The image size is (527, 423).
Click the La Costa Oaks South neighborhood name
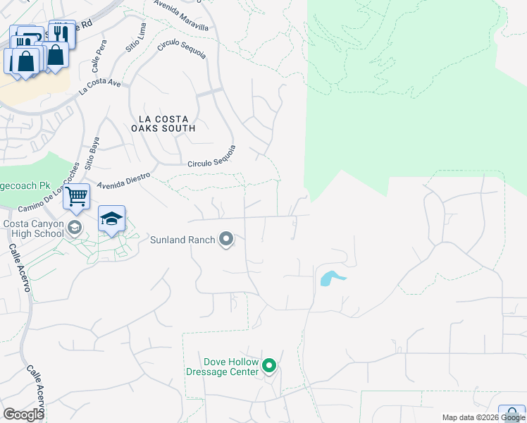(x=163, y=123)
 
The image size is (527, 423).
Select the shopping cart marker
(x=76, y=197)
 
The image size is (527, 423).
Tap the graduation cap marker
(x=111, y=219)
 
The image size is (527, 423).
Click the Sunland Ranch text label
(x=182, y=240)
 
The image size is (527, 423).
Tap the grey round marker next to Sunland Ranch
(x=226, y=240)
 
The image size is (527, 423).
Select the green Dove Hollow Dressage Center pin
(x=268, y=366)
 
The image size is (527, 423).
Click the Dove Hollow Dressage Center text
(x=221, y=367)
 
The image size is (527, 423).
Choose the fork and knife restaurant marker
(x=62, y=32)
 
